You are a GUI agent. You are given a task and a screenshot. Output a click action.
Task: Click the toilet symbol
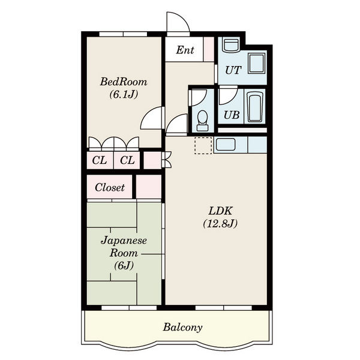click(203, 121)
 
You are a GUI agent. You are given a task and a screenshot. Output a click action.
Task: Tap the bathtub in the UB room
click(255, 107)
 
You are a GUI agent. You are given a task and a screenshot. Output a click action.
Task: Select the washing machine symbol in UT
click(257, 63)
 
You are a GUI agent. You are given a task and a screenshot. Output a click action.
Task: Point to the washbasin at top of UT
click(231, 45)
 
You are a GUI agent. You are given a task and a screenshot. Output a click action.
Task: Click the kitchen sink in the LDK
click(226, 145)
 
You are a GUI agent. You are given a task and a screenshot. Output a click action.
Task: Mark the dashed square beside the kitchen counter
click(203, 145)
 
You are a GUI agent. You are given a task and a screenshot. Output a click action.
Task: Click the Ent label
click(185, 50)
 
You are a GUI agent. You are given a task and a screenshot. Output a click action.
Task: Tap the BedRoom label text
click(124, 82)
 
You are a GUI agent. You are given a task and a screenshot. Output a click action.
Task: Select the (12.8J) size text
click(220, 224)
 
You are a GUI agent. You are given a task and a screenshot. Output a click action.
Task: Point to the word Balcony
click(182, 327)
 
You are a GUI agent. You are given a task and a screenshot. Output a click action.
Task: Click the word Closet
click(110, 187)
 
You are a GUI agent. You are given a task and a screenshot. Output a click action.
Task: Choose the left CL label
click(100, 160)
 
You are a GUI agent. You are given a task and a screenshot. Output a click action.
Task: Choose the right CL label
click(127, 160)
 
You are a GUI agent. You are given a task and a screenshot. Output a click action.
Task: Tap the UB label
click(232, 115)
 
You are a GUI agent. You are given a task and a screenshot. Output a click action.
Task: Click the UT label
click(233, 70)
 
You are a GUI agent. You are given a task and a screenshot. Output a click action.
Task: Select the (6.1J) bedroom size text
click(124, 94)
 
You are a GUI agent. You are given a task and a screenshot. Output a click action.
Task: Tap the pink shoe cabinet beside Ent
click(209, 49)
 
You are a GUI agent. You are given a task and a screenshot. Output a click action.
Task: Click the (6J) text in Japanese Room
click(124, 265)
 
